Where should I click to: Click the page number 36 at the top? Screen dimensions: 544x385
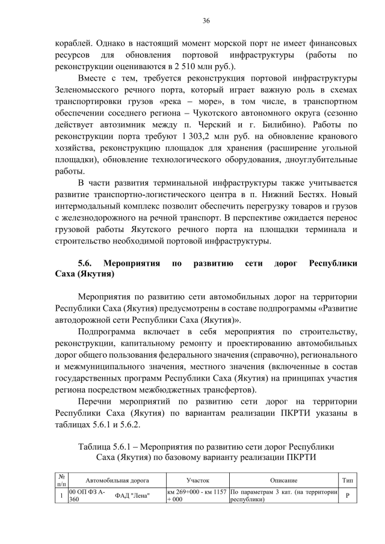[x=206, y=21]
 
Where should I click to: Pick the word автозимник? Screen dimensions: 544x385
[x=118, y=124]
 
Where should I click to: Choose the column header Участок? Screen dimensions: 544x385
[x=197, y=481]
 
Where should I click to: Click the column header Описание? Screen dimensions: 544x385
[x=283, y=481]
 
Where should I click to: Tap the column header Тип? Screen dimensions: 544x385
[x=348, y=481]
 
